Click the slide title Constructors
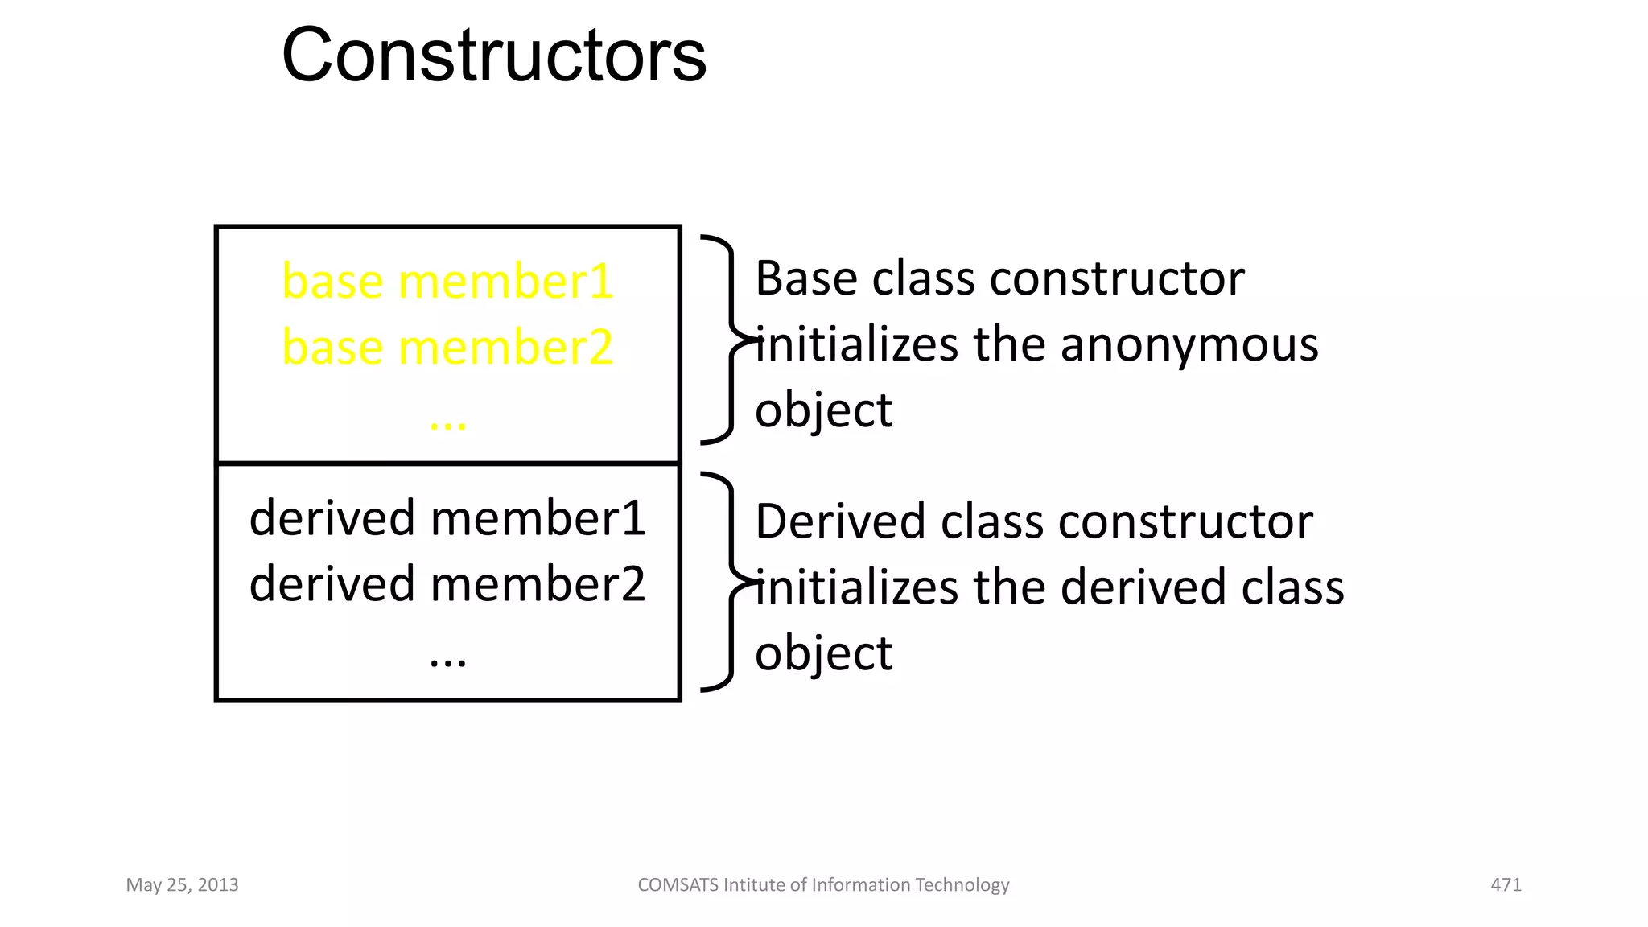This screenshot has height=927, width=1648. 493,56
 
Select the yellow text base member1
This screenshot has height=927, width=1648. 447,282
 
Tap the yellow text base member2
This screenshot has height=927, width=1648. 447,348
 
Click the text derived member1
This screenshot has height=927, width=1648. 447,518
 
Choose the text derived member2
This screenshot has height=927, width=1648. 447,584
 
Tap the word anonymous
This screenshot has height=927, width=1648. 1189,345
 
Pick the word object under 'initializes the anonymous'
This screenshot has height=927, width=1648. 823,411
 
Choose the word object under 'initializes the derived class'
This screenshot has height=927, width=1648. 823,653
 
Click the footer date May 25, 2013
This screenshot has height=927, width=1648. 182,885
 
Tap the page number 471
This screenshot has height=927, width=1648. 1506,885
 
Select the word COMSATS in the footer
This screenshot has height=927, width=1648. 678,885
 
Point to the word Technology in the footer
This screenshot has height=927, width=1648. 962,885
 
